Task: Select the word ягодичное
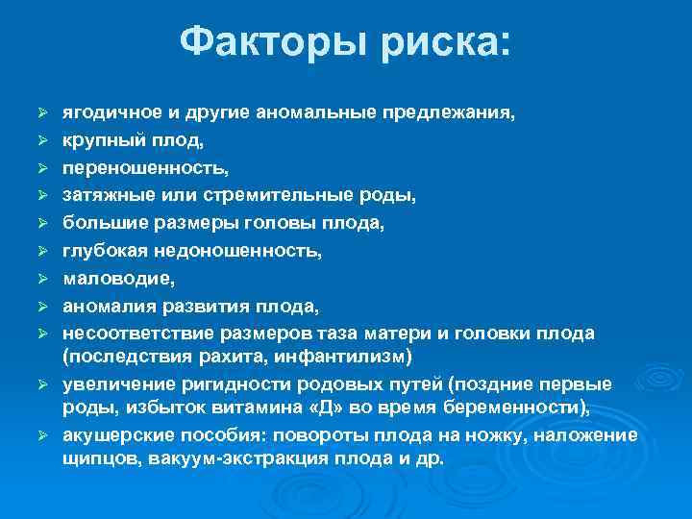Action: coord(104,113)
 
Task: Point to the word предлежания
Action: coord(450,113)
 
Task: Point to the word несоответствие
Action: coord(121,334)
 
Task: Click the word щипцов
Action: coord(94,458)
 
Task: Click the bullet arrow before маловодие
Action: coord(41,280)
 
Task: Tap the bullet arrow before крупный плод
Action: coord(41,141)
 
